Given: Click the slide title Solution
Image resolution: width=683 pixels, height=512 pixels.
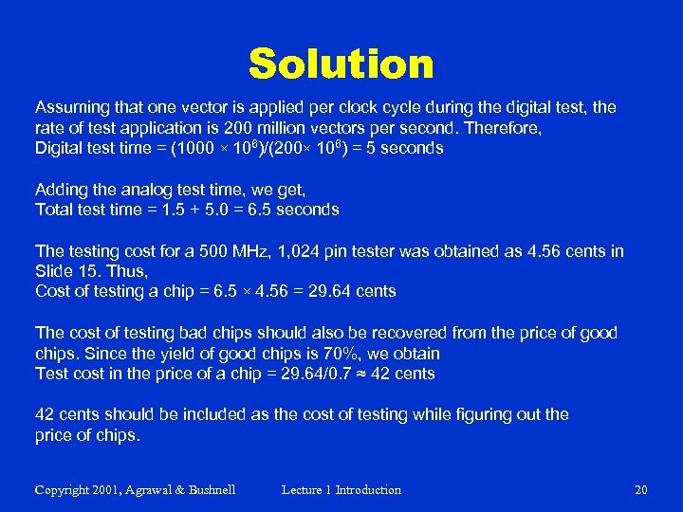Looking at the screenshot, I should point(341,64).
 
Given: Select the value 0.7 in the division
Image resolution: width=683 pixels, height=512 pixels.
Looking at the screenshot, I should point(323,375).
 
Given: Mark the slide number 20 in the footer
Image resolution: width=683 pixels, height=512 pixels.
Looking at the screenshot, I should point(640,490).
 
